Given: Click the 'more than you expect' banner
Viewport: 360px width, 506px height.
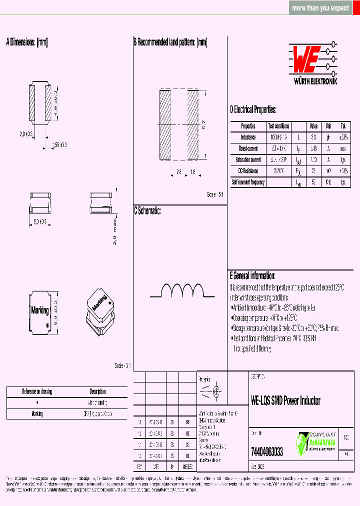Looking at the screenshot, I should [320, 8].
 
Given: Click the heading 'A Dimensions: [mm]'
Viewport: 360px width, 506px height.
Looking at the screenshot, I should [27, 42].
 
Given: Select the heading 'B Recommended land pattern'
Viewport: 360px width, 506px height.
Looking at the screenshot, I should [170, 42].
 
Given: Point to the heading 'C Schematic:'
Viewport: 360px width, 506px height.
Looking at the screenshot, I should [147, 210].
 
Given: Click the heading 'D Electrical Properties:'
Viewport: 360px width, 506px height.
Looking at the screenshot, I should [253, 110].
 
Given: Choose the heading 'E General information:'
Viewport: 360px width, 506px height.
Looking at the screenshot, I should [252, 275].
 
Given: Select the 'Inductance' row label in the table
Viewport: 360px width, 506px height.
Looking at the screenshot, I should [248, 137].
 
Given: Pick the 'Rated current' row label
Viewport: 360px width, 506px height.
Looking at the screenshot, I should [248, 148].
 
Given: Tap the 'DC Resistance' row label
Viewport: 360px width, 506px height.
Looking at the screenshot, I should [248, 171].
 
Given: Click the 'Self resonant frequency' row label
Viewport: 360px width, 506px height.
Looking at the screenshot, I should [248, 182].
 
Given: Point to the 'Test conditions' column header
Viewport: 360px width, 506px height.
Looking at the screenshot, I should [278, 126].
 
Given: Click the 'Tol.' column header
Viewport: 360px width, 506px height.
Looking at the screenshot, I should [343, 126].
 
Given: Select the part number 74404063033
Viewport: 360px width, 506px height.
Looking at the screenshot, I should [266, 452].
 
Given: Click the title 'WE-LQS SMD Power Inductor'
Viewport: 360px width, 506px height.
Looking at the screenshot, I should [285, 400].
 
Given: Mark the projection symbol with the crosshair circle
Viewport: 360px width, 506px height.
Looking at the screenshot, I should [216, 391].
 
